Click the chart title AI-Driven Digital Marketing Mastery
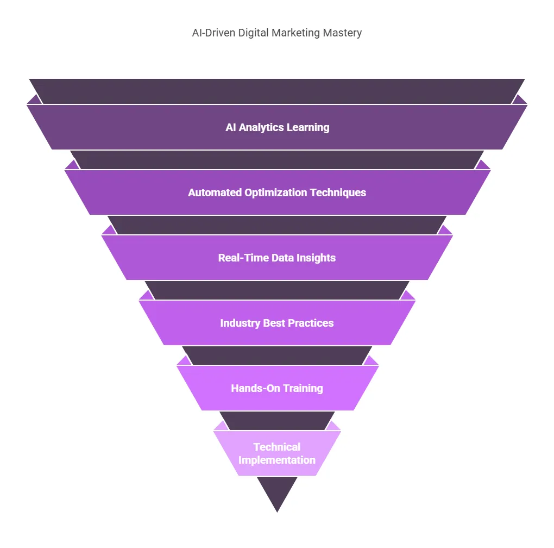coord(276,33)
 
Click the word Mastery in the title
coord(343,33)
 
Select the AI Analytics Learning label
coord(277,127)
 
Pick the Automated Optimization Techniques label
coord(277,192)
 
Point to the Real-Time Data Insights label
coord(277,258)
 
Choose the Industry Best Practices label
coord(277,323)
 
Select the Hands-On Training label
coord(277,388)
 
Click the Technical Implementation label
coord(277,453)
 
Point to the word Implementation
coord(277,460)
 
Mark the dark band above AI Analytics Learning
coord(277,91)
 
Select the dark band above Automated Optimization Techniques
coord(277,160)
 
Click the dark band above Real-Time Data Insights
coord(277,225)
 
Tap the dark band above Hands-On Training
coord(277,356)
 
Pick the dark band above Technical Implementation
coord(277,421)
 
